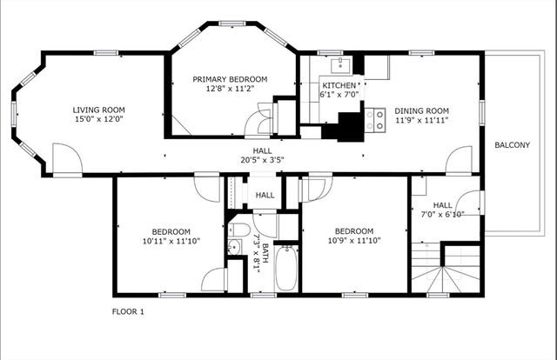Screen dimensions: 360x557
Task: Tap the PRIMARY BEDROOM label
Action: (230, 79)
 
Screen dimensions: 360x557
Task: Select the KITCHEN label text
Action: (338, 85)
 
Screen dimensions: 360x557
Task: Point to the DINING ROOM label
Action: (421, 110)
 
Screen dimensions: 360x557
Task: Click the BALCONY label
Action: (512, 145)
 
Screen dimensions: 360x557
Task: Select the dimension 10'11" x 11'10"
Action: (171, 241)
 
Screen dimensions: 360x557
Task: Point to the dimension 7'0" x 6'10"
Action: (442, 215)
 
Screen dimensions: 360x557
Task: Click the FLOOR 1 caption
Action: (128, 311)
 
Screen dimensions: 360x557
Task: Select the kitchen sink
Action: (340, 64)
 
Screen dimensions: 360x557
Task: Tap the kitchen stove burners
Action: (376, 119)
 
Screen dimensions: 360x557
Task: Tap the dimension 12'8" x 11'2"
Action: (230, 89)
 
